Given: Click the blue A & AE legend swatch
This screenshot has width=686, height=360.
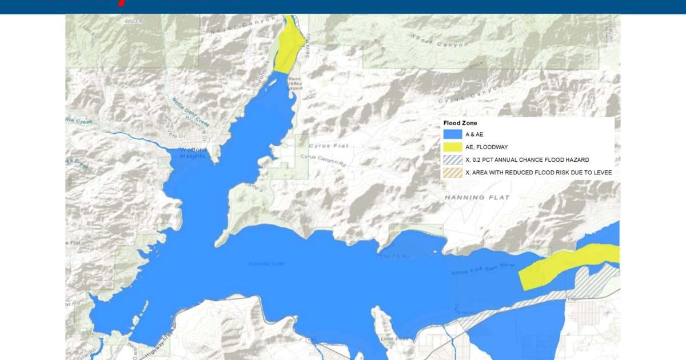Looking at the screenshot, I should point(452,134).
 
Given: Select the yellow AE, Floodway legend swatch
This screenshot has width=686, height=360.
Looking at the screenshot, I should point(452,147).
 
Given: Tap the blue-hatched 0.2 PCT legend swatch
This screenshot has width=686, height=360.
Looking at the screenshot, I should point(452,160).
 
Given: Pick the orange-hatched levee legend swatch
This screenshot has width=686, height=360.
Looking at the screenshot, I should point(452,173).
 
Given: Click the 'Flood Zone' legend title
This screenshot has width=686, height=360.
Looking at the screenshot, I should point(460,123).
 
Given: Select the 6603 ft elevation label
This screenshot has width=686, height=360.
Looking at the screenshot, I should point(133,20).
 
